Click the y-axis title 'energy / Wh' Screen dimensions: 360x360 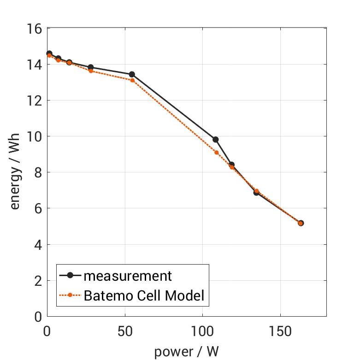click(x=16, y=172)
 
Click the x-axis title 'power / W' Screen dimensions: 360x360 click(x=186, y=351)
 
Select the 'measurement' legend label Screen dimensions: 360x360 click(x=128, y=276)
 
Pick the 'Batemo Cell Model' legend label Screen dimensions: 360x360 click(x=144, y=295)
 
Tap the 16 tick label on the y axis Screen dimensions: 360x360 click(x=37, y=29)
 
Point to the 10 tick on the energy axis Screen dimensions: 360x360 click(x=37, y=136)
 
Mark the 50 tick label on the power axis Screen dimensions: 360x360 click(x=125, y=331)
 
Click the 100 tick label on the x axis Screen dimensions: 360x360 click(x=203, y=331)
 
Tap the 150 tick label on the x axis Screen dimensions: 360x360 click(x=281, y=331)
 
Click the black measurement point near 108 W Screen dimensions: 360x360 click(x=215, y=139)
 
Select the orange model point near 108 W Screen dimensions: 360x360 click(x=216, y=152)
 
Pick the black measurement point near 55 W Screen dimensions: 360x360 click(x=132, y=74)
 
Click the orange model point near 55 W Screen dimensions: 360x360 click(x=132, y=80)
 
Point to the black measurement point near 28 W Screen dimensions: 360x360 click(x=91, y=67)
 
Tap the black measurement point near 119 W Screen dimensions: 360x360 click(x=232, y=165)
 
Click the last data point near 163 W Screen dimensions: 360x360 click(x=301, y=223)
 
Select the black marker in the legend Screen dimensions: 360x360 click(x=71, y=276)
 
